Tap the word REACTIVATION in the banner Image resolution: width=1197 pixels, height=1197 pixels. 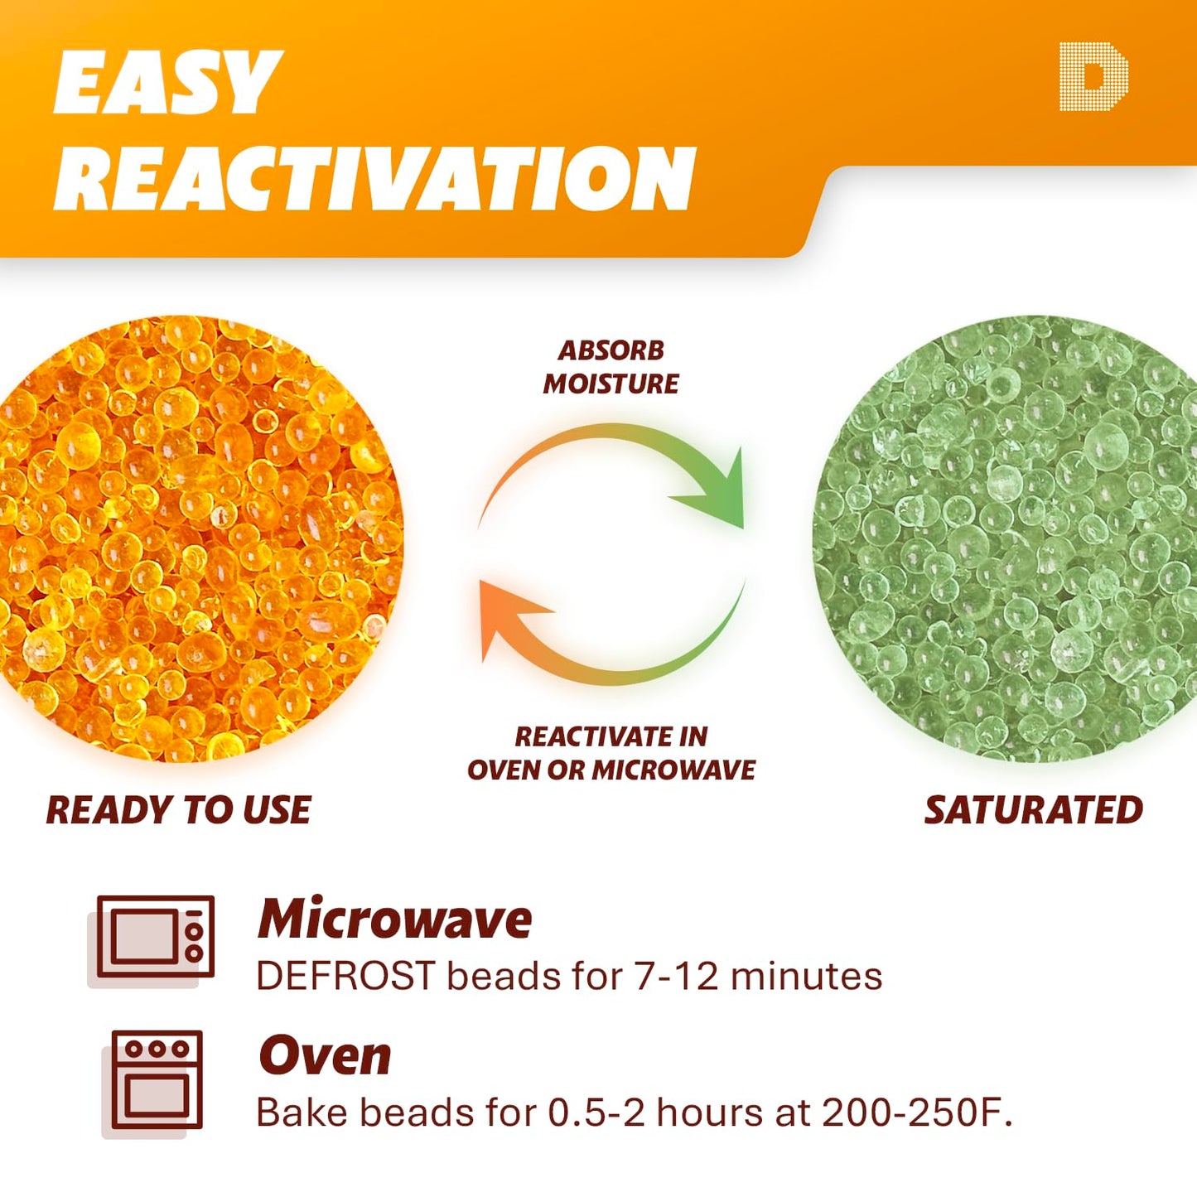[x=374, y=179]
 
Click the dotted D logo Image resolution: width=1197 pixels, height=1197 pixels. [x=1093, y=77]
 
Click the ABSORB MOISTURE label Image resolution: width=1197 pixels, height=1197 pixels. [x=611, y=367]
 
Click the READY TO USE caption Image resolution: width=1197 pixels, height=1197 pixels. [x=178, y=810]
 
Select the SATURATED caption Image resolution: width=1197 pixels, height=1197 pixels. [x=1033, y=810]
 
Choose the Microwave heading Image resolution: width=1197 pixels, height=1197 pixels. [x=394, y=919]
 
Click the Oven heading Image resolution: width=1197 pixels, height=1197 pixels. [x=325, y=1056]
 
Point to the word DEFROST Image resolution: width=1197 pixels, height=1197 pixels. [x=345, y=976]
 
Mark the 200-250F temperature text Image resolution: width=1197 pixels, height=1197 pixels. [x=917, y=1113]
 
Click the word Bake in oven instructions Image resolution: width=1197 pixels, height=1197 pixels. [x=301, y=1113]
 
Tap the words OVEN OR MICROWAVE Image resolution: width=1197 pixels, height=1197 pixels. [x=611, y=770]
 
